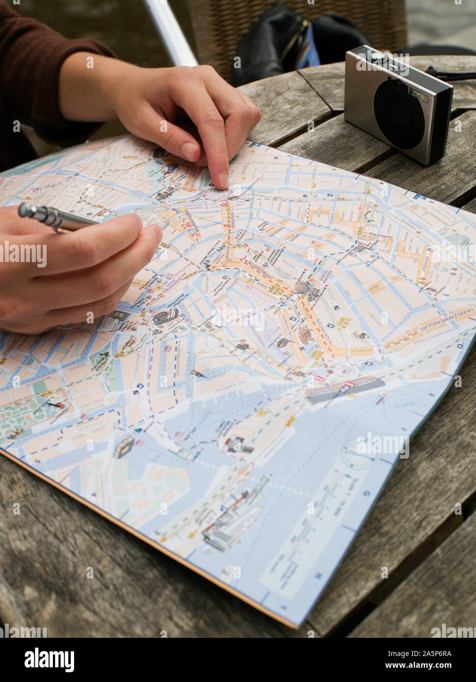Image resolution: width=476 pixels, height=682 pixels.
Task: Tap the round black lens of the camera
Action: (399, 114)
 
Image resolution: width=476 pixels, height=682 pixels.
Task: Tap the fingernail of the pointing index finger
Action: (223, 179)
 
